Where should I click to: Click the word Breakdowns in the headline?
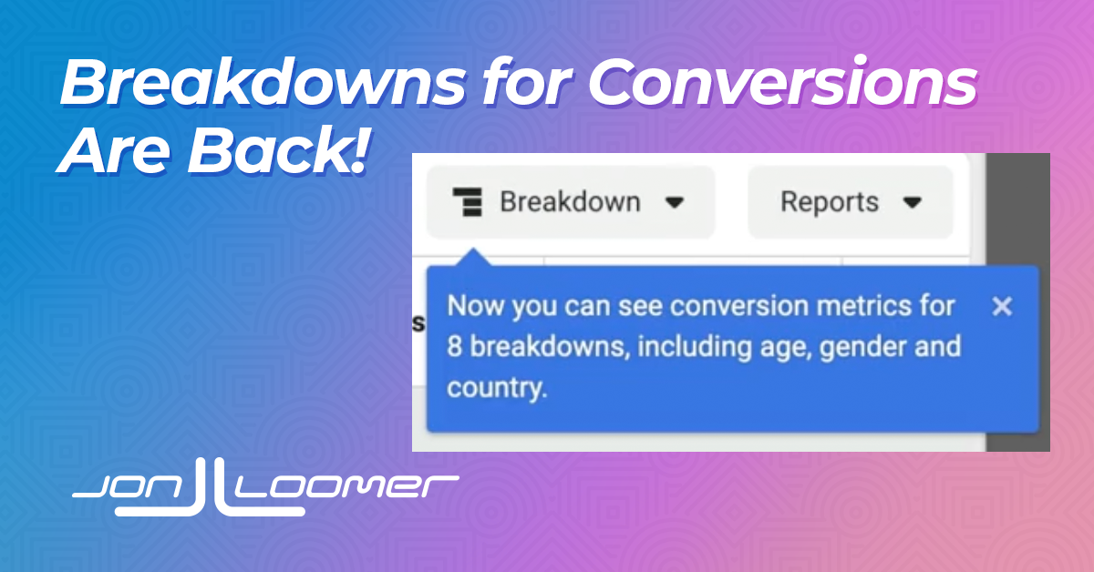coord(263,81)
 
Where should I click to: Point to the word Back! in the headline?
coord(277,150)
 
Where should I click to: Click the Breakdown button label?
coord(570,201)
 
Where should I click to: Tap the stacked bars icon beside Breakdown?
coord(468,201)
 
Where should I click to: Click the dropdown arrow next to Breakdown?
coord(675,202)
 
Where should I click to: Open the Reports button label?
coord(830,201)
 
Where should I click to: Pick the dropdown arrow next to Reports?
coord(913,202)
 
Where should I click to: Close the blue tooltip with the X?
coord(1002,307)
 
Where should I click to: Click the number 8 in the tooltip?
coord(454,346)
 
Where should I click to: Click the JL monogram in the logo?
coord(210,487)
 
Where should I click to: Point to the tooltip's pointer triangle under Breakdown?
coord(473,257)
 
